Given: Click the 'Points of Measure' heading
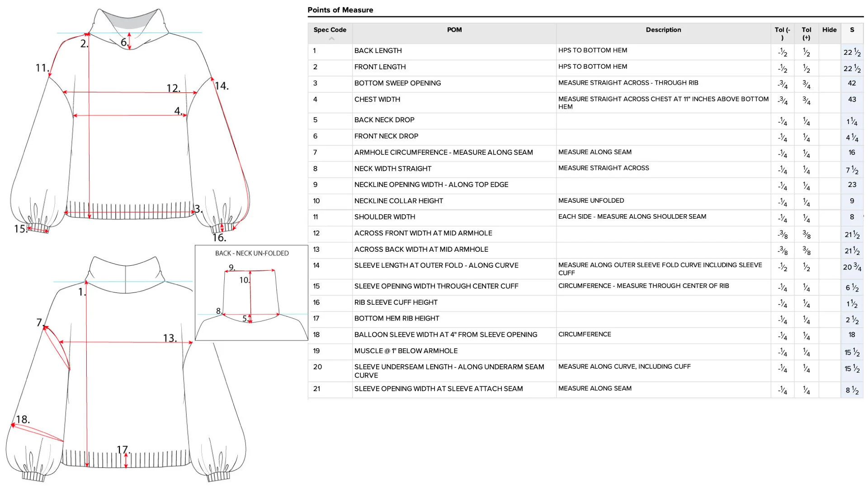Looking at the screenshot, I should click(340, 10).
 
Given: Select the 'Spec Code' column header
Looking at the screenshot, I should click(330, 30).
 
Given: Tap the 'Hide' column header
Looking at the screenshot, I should click(829, 30).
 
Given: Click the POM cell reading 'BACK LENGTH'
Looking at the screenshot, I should click(378, 51).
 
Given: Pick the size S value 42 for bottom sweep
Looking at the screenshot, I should click(852, 83).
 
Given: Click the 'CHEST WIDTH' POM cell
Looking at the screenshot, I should click(377, 100).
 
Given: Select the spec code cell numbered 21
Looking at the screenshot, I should click(316, 389).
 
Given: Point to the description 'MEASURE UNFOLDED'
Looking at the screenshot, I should click(591, 201).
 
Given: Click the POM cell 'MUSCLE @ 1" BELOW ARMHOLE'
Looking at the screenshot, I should click(406, 351).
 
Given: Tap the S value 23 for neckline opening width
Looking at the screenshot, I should click(852, 185).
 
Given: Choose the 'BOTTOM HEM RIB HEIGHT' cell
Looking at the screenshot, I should click(396, 319).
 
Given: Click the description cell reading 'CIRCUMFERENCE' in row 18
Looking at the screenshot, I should click(584, 335).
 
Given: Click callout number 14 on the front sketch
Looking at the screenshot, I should click(222, 86).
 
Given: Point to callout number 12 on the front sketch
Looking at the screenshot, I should click(173, 88).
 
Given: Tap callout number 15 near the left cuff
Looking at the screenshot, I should click(20, 229).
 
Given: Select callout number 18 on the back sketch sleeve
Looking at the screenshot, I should click(23, 420).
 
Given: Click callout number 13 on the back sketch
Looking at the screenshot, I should click(170, 338).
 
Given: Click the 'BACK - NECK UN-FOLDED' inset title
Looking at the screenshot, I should click(251, 254).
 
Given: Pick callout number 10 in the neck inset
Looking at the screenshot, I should click(244, 280).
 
